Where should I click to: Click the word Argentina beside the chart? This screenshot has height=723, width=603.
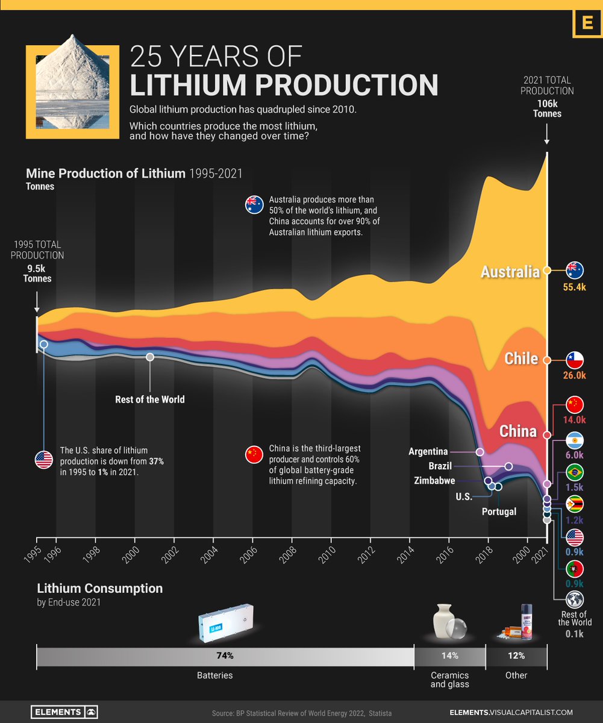428,451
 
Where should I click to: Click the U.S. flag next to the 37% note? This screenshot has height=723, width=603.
44,460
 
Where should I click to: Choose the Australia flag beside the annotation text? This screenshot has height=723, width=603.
253,205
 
